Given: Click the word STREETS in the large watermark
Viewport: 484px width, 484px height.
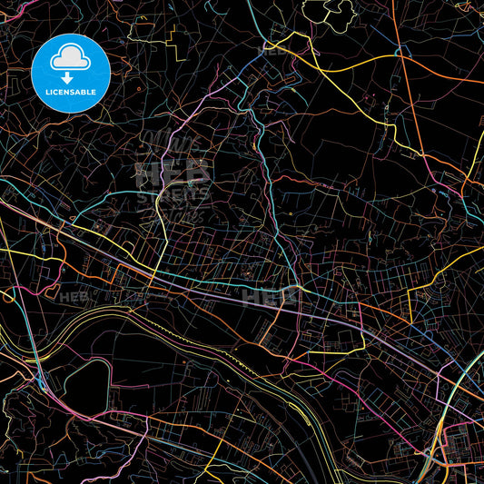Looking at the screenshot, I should (x=173, y=193).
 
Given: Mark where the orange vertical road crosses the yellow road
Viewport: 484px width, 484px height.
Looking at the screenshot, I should (x=400, y=55).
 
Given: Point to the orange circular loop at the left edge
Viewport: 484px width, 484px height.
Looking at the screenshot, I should (x=6, y=296).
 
